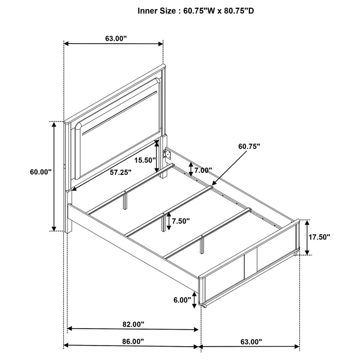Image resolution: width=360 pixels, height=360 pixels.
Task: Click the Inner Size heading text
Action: pos(196,11)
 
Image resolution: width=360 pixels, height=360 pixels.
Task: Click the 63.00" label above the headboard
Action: pos(116,39)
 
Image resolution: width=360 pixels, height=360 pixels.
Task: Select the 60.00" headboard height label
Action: pos(41,172)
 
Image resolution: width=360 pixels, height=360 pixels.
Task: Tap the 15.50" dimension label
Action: pos(145,160)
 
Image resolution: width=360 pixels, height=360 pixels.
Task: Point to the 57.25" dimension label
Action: pos(120,172)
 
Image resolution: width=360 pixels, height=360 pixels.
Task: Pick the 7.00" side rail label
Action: pos(203,170)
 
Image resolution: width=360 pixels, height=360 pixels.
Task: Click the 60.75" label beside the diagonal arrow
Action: pos(249,146)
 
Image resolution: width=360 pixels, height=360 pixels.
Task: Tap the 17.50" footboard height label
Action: pos(319,237)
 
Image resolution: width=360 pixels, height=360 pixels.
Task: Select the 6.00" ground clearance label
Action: pos(182,300)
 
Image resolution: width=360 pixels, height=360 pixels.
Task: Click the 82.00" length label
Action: pos(133,324)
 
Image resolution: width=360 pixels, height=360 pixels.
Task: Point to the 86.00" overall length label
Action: pos(133,341)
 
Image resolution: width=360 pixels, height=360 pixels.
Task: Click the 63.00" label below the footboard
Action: pos(251,341)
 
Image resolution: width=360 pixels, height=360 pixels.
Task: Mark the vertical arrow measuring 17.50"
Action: pos(308,237)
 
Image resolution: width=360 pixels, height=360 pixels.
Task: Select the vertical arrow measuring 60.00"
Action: pos(54,176)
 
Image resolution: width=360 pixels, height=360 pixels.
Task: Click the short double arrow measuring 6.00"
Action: pos(195,300)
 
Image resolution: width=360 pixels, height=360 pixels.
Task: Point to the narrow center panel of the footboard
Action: pos(251,264)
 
